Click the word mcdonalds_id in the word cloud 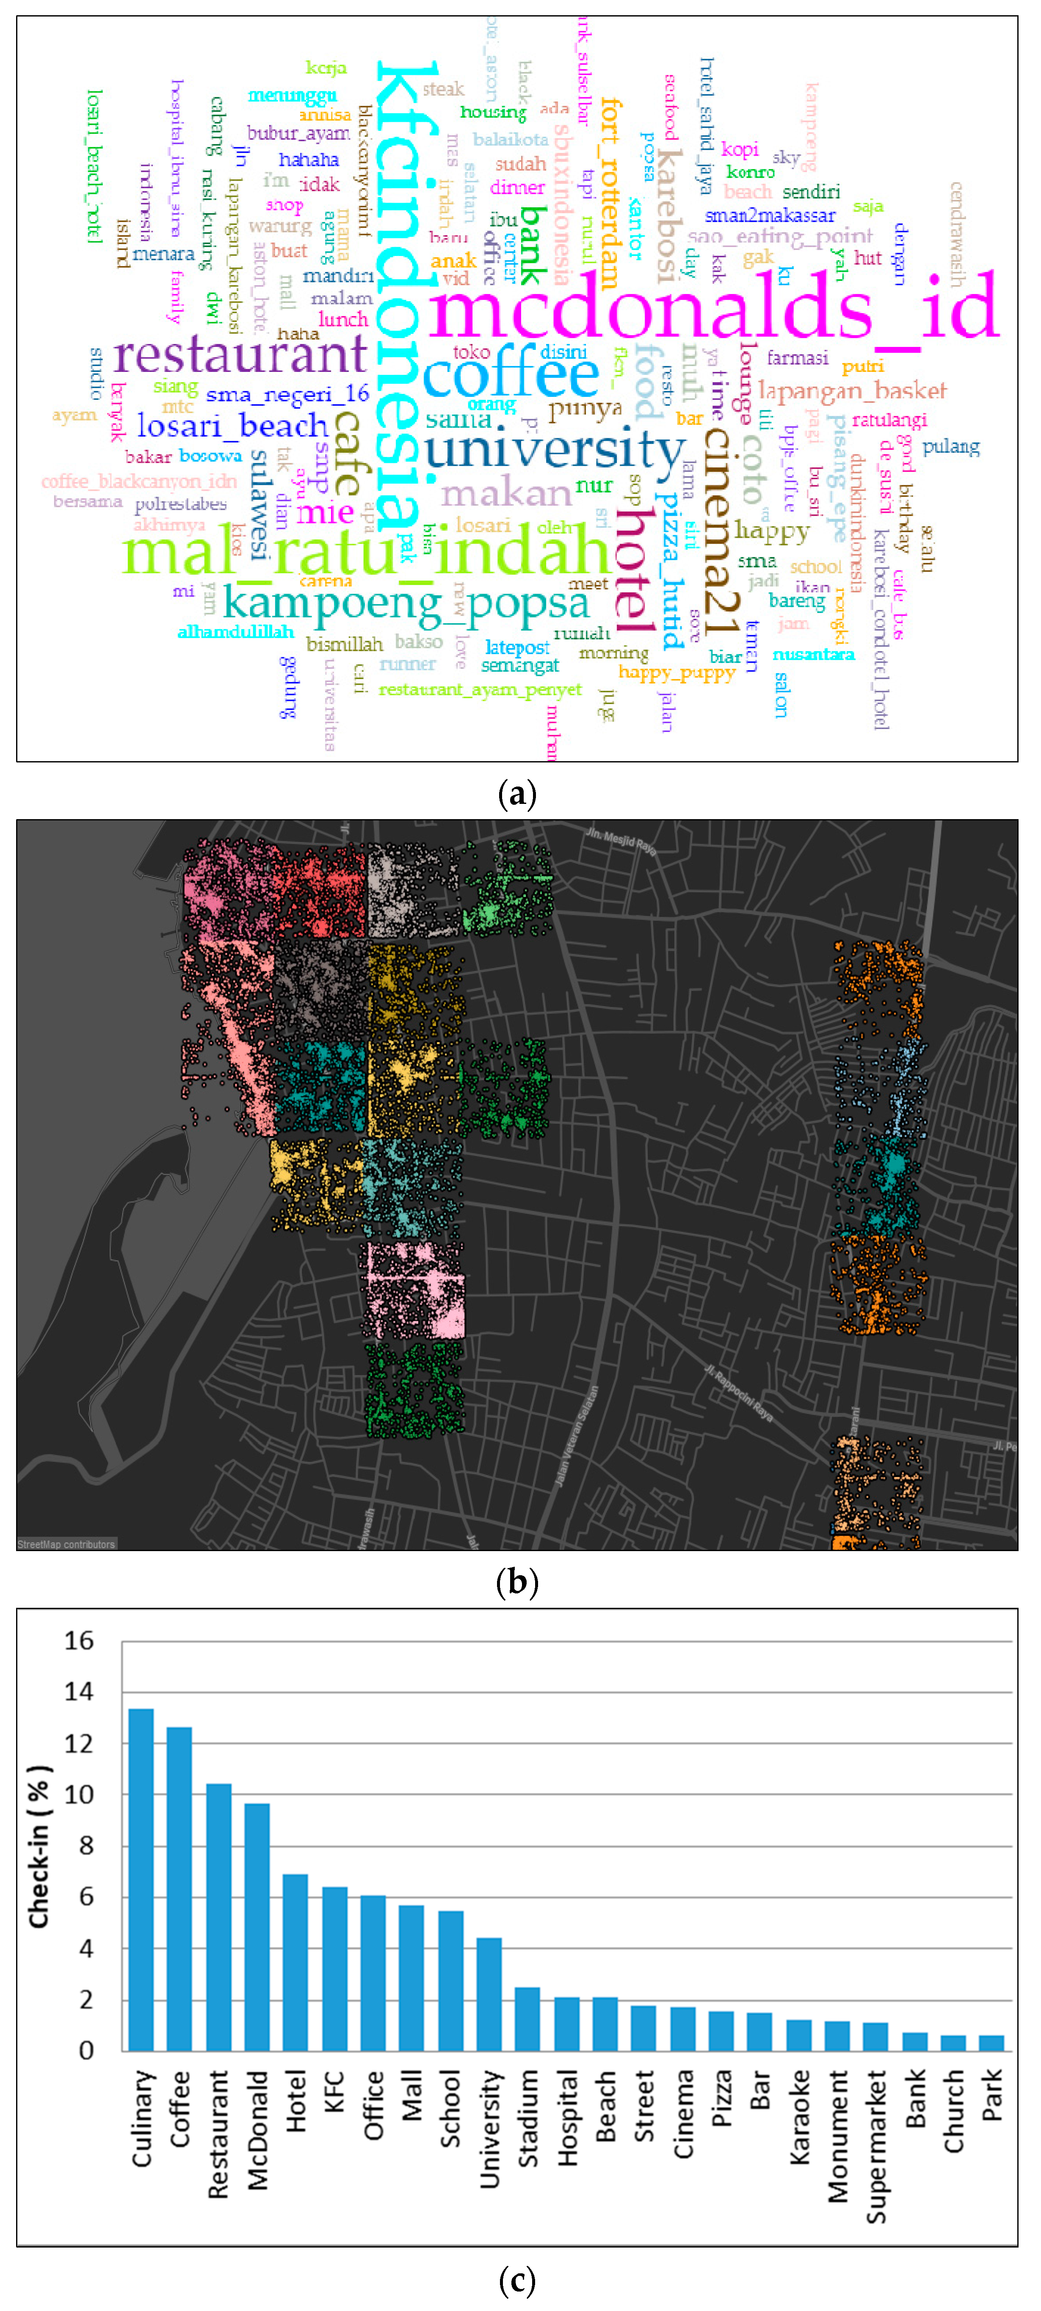713,307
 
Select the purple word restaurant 240,355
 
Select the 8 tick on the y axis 85,1846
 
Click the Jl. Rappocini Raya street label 737,1393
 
